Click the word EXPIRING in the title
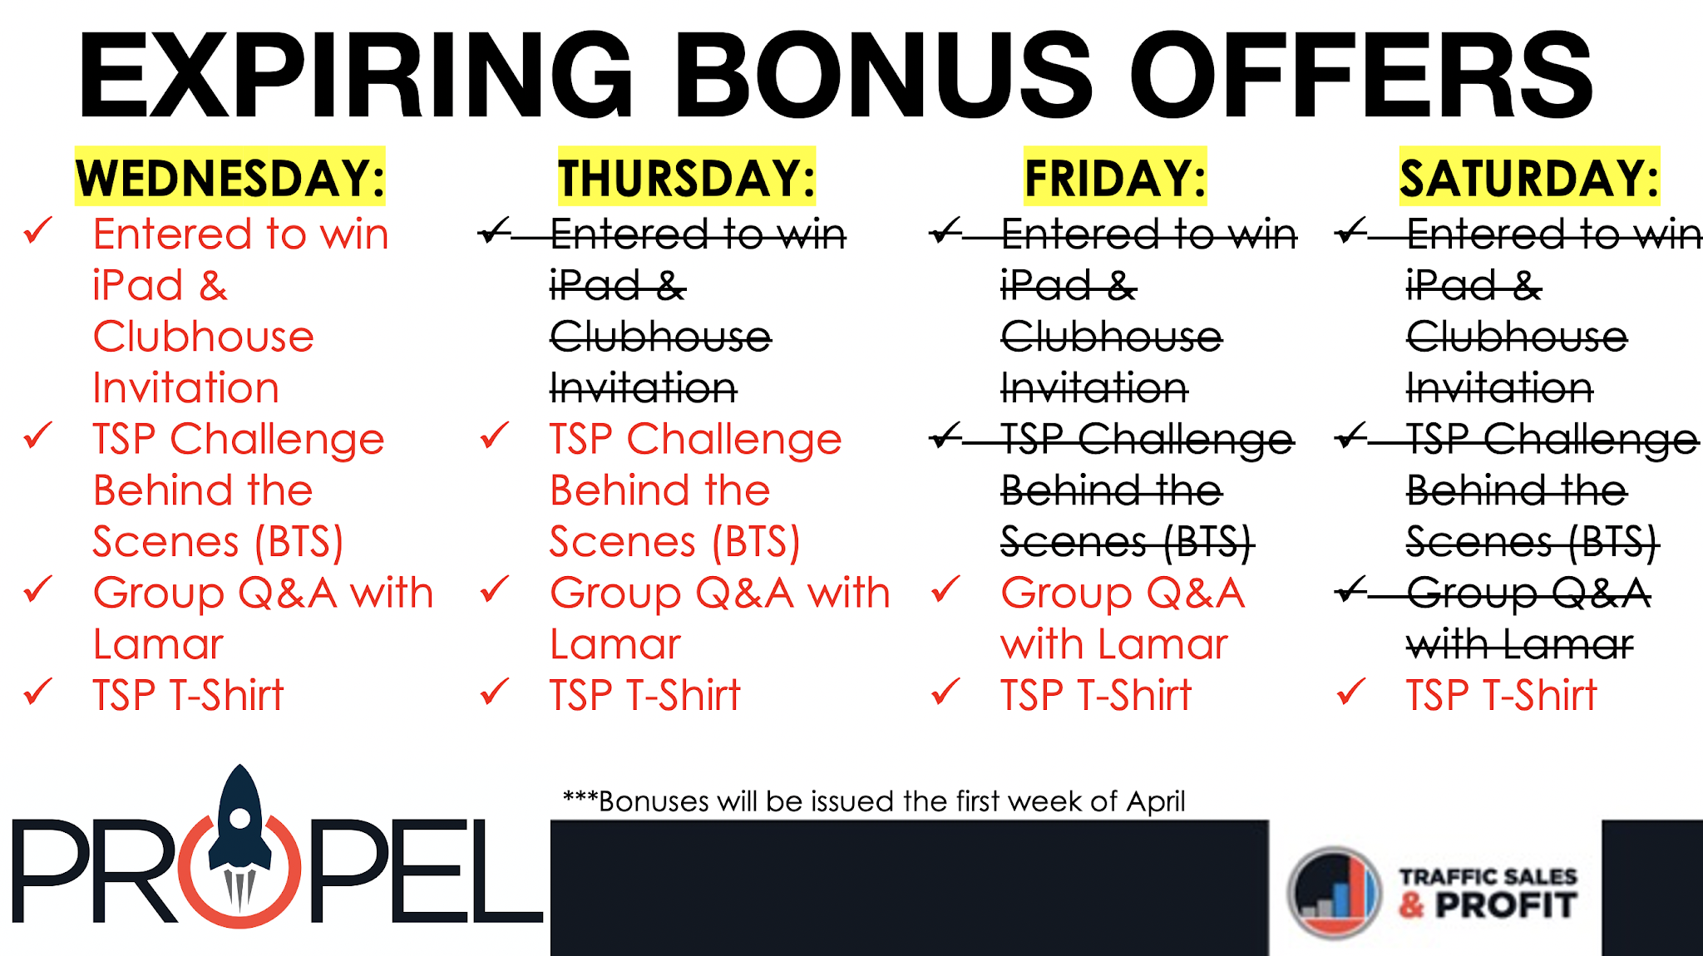[x=356, y=75]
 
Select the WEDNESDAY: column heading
[x=230, y=177]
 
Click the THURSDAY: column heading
[x=687, y=177]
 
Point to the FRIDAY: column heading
[x=1115, y=177]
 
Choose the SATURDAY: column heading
[x=1530, y=177]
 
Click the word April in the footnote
[x=1156, y=802]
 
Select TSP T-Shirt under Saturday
[x=1501, y=695]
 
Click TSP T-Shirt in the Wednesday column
[x=188, y=695]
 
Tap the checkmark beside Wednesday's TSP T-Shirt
[x=38, y=692]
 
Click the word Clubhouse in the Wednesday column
[x=204, y=337]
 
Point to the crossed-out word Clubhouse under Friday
[x=1112, y=337]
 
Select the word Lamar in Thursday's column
[x=615, y=644]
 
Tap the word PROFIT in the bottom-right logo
[x=1506, y=905]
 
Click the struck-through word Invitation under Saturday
[x=1499, y=388]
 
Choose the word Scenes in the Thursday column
[x=623, y=542]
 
